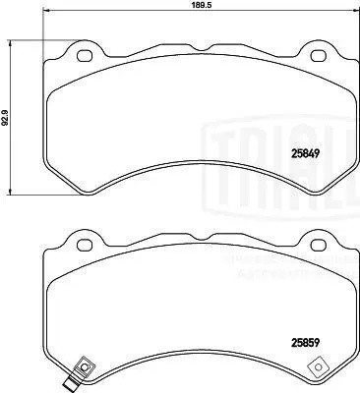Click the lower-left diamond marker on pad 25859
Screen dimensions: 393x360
[x=85, y=369]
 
